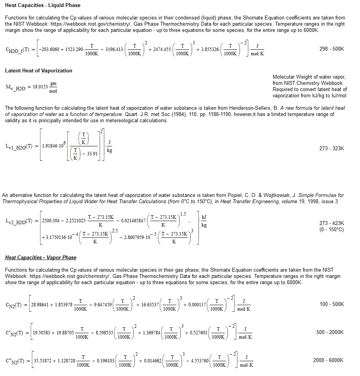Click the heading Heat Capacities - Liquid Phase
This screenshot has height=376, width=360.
point(43,5)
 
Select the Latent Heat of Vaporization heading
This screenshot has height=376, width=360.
point(39,70)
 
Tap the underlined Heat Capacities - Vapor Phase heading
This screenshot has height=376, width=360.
point(41,257)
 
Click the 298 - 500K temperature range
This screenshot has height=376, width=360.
point(332,49)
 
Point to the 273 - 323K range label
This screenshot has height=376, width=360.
point(332,148)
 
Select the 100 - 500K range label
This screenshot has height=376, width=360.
point(332,304)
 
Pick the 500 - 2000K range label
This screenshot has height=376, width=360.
point(330,332)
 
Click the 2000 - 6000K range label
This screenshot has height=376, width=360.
point(328,360)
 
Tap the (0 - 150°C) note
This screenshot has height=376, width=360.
point(332,229)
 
